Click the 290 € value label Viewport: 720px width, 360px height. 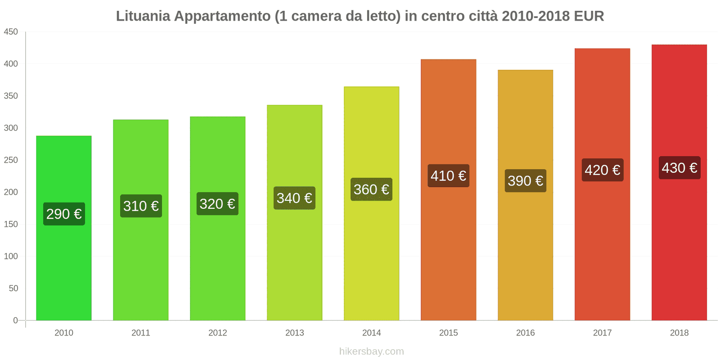64,214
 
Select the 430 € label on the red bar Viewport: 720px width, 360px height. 679,168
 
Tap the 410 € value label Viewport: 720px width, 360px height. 448,175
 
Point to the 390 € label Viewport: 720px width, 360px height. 525,181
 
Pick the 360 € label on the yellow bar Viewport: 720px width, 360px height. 371,189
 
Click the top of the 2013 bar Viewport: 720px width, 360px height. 295,106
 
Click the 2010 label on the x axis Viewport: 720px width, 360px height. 64,333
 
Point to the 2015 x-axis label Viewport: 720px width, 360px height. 448,333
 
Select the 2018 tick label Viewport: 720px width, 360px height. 679,333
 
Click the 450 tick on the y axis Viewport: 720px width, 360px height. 11,31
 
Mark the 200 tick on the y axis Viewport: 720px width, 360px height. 11,192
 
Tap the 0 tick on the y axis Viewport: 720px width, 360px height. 15,320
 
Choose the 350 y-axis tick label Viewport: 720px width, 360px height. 11,96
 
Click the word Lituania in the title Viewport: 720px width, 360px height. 143,16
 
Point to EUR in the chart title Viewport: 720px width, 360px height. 589,16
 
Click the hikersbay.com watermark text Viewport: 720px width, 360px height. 371,351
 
